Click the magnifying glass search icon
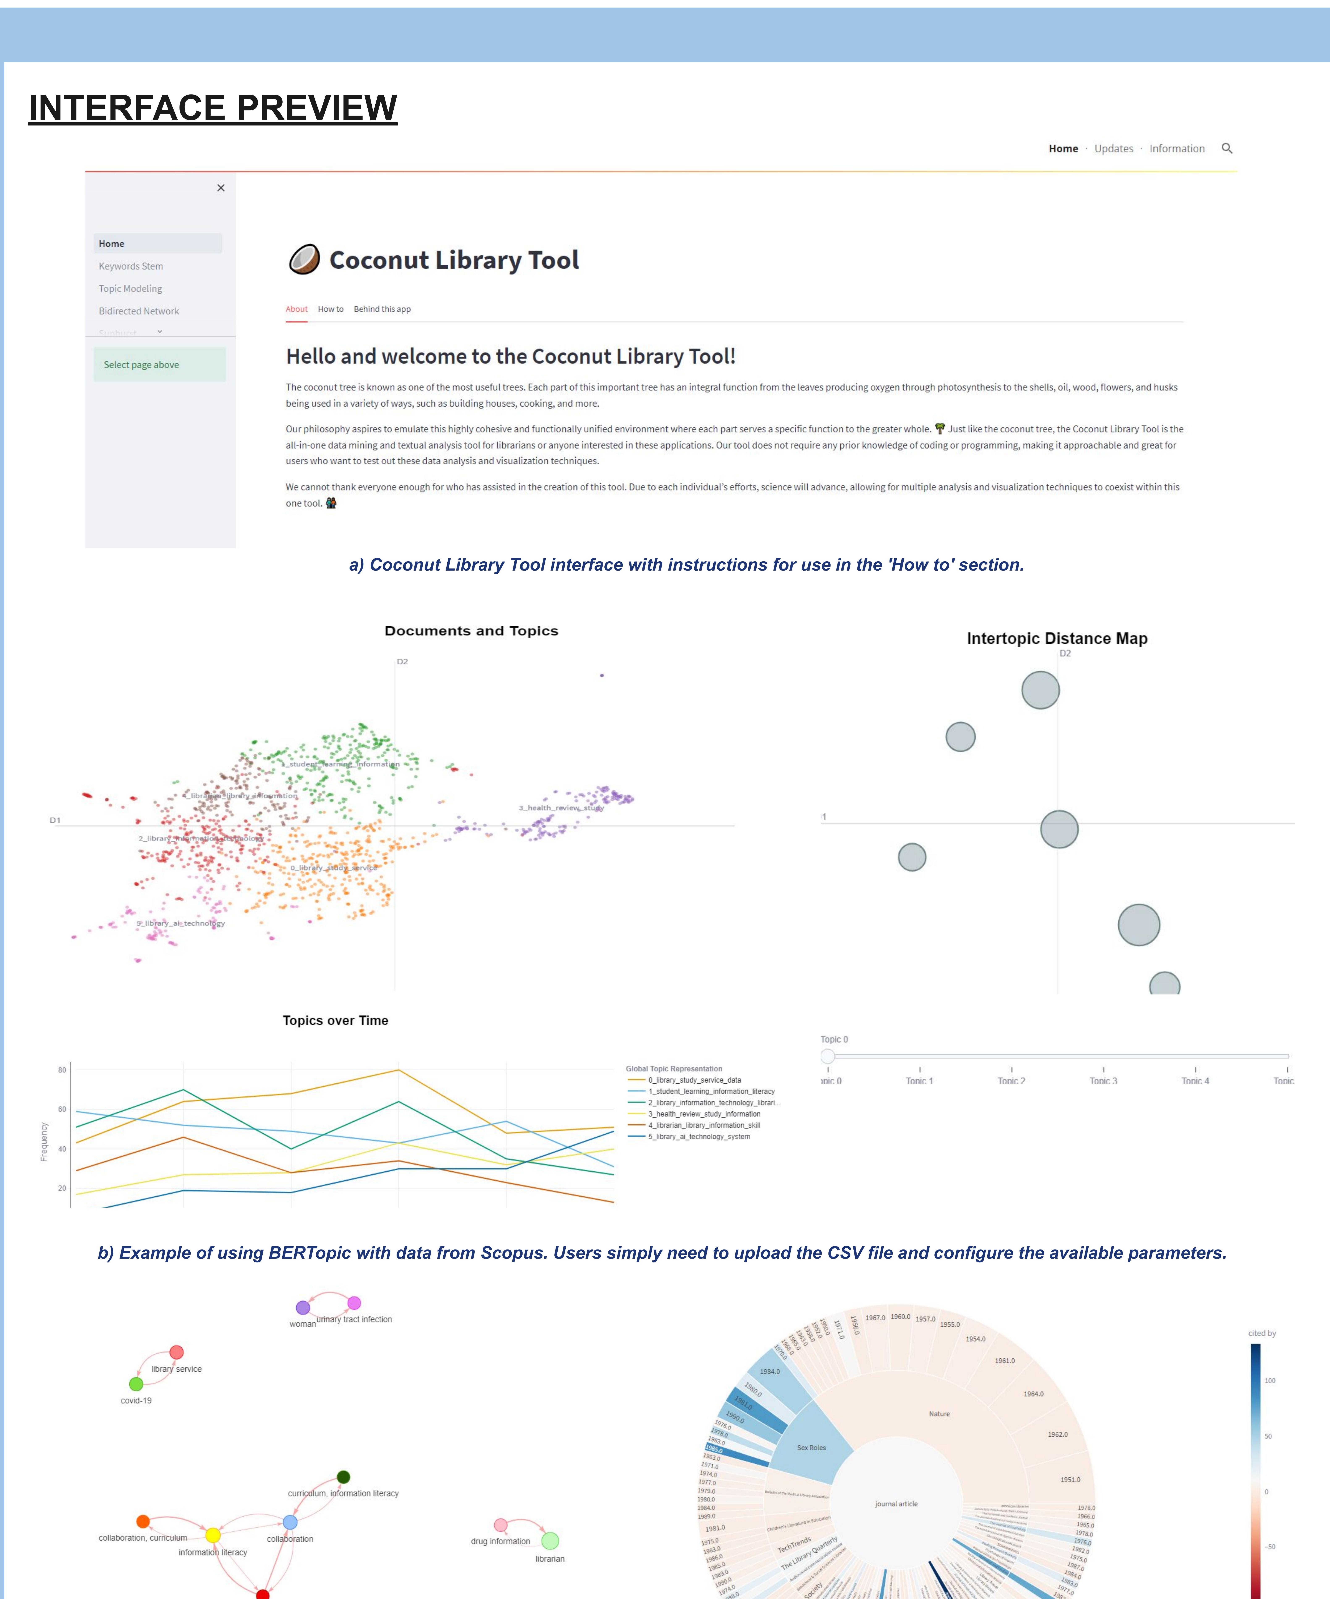point(1226,148)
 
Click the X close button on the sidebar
point(221,188)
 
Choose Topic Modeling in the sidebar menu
point(130,289)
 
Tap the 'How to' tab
point(330,309)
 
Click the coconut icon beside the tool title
point(304,260)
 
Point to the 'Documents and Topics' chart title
point(471,630)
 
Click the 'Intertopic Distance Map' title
point(1057,638)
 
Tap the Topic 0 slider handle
point(828,1056)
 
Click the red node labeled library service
point(177,1352)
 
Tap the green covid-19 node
point(136,1384)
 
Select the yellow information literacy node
point(213,1535)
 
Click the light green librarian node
point(550,1540)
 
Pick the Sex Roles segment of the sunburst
point(812,1447)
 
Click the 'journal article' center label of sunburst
point(896,1504)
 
